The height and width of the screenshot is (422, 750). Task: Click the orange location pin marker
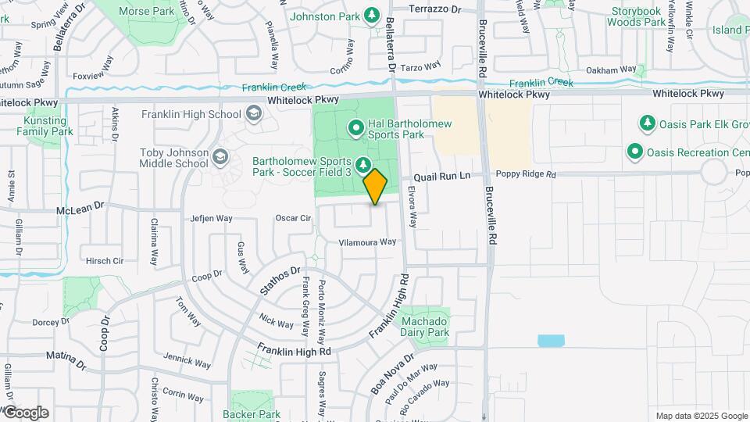pyautogui.click(x=376, y=186)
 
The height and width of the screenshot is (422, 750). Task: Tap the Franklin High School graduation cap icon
pyautogui.click(x=253, y=115)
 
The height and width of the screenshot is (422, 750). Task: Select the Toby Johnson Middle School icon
pyautogui.click(x=220, y=158)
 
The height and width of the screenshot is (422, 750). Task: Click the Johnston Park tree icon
pyautogui.click(x=372, y=16)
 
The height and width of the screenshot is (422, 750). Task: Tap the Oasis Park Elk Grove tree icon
pyautogui.click(x=647, y=123)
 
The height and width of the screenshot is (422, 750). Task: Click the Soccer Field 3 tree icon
pyautogui.click(x=362, y=164)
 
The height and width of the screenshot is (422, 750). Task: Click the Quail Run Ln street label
pyautogui.click(x=443, y=177)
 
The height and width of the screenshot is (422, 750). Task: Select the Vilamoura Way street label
pyautogui.click(x=367, y=242)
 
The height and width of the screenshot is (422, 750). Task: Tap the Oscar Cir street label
pyautogui.click(x=294, y=218)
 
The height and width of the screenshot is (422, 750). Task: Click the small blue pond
pyautogui.click(x=551, y=341)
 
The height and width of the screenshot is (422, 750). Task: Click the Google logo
pyautogui.click(x=26, y=413)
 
